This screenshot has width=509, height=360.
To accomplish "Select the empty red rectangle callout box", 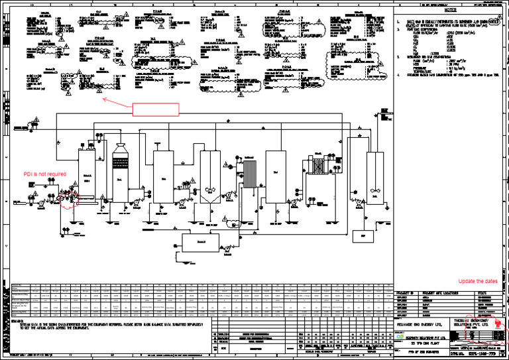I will [156, 109].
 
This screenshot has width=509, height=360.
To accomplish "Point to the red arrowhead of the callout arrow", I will [104, 99].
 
